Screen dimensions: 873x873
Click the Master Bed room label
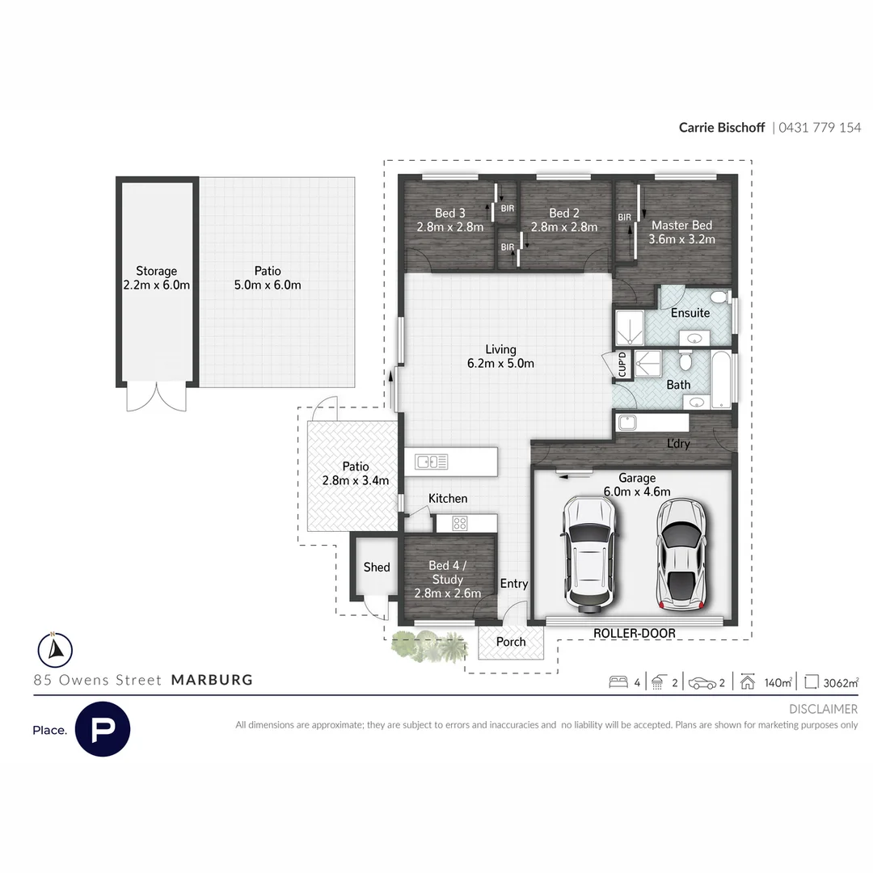681,226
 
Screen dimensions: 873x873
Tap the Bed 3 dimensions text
449,227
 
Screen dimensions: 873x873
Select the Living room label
500,349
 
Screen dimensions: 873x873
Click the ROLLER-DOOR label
634,633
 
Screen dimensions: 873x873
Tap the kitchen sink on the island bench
431,462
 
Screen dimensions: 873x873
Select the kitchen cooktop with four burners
459,523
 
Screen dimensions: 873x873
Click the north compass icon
55,648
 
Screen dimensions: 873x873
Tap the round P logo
103,729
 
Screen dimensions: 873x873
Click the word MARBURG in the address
212,680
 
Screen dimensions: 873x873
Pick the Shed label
376,567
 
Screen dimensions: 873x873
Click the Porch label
511,642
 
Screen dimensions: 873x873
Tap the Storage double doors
156,396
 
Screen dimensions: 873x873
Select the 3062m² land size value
840,682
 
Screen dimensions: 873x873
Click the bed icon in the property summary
618,682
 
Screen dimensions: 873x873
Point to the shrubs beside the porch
429,647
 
